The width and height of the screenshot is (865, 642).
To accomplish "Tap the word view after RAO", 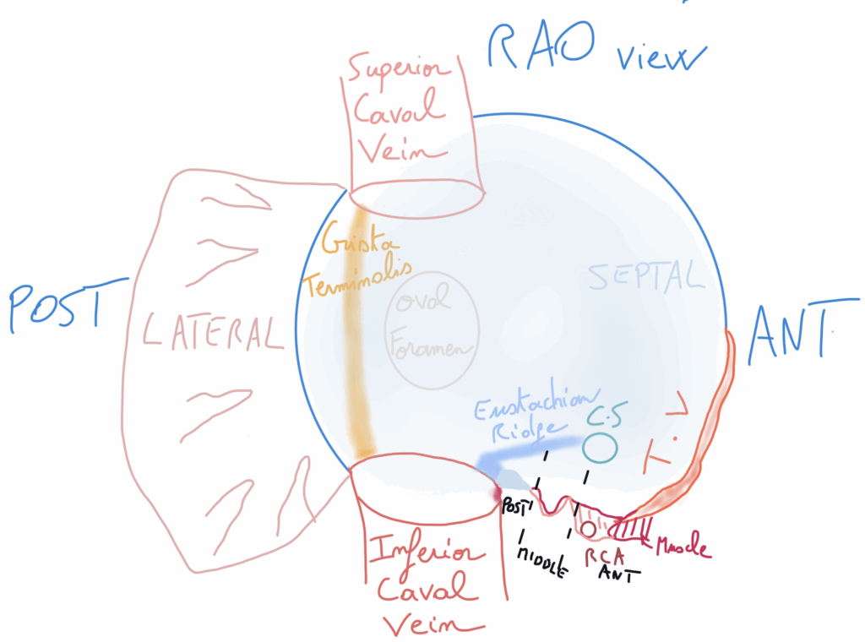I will tap(658, 58).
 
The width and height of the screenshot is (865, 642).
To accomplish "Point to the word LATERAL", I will tap(211, 332).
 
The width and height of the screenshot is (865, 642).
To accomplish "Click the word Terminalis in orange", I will tap(358, 279).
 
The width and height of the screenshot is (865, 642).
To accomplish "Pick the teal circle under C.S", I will tap(599, 447).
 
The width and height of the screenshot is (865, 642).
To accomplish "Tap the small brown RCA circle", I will tap(588, 529).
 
